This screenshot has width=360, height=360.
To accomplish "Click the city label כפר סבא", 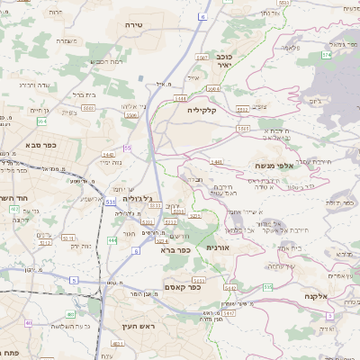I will point(43,144).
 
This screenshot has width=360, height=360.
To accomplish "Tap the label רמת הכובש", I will point(107,62).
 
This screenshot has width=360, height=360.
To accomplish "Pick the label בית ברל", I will point(84,94).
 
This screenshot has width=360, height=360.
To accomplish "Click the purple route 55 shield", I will point(128,148).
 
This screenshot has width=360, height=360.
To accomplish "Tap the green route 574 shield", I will point(327,55).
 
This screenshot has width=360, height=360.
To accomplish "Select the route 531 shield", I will point(110,203).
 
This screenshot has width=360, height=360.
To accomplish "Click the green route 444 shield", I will point(112,240).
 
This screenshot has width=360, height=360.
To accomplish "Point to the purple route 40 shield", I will point(29,323).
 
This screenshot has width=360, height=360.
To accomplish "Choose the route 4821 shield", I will point(116,344).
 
